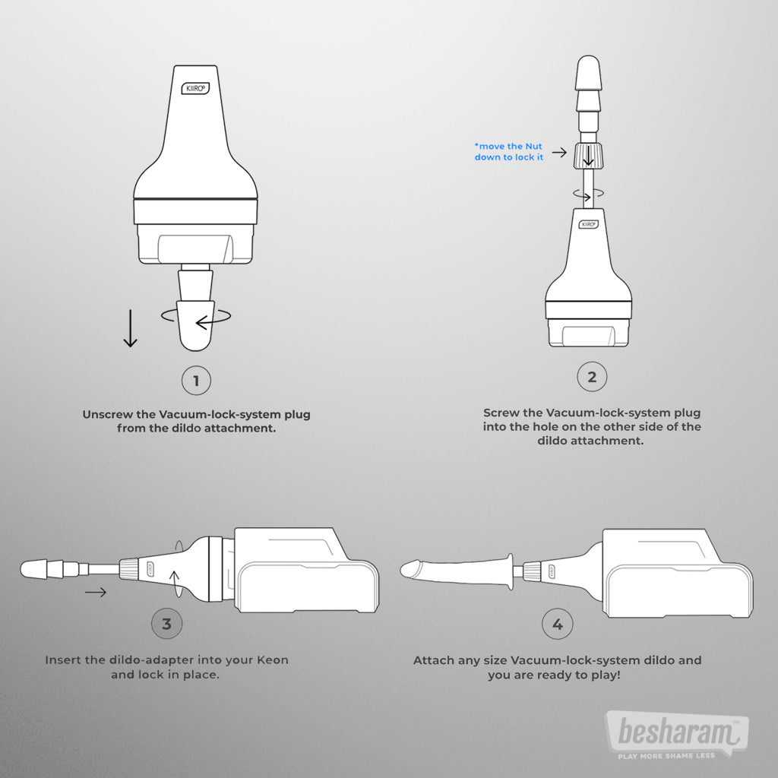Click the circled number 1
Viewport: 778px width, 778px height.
(x=196, y=381)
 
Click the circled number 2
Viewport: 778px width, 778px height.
(x=592, y=377)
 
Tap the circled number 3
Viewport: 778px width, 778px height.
(x=166, y=624)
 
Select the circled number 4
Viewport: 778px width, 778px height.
(x=558, y=625)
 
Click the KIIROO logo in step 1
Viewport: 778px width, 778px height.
(x=195, y=88)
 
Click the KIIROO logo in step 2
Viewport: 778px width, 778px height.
(x=589, y=224)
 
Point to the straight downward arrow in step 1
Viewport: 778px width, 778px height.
(x=130, y=328)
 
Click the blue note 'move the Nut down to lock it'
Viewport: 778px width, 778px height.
(x=508, y=152)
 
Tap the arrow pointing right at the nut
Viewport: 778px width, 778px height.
(x=559, y=152)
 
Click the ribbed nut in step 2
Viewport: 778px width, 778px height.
(x=589, y=156)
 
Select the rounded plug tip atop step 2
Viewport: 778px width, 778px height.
(x=589, y=72)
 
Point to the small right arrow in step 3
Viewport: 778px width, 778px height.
(x=95, y=591)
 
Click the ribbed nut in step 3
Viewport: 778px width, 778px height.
(x=129, y=568)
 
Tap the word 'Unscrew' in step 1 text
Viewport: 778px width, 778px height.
(x=108, y=414)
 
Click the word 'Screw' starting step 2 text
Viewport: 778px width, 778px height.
(x=501, y=413)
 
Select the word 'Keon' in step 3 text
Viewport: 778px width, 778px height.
(x=273, y=660)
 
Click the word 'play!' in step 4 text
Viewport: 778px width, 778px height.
(x=606, y=675)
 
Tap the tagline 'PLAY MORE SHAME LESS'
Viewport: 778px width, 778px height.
(x=666, y=756)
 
